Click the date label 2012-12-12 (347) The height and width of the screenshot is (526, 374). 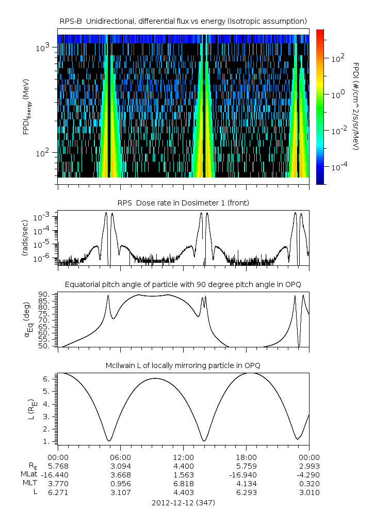point(183,503)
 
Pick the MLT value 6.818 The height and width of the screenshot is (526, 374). point(183,484)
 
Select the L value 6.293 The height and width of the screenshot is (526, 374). point(246,492)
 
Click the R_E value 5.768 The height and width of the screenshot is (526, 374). point(58,466)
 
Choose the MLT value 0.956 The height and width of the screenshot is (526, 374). point(120,484)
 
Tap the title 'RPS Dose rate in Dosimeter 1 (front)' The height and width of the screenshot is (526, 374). point(183,203)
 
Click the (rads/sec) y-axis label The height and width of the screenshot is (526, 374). point(24,238)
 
